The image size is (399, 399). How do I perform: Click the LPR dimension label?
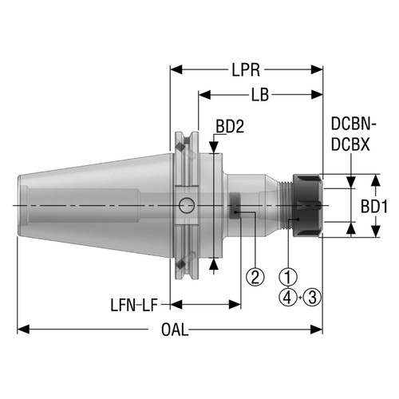pyautogui.click(x=245, y=70)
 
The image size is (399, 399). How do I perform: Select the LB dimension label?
pyautogui.click(x=258, y=96)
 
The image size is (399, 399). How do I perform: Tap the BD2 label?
pyautogui.click(x=231, y=125)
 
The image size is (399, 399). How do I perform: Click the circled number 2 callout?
pyautogui.click(x=255, y=277)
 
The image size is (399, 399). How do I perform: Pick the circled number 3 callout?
pyautogui.click(x=312, y=297)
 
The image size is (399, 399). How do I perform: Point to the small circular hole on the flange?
pyautogui.click(x=187, y=205)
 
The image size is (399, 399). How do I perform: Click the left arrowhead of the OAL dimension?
pyautogui.click(x=22, y=329)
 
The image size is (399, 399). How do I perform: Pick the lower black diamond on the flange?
pyautogui.click(x=183, y=262)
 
